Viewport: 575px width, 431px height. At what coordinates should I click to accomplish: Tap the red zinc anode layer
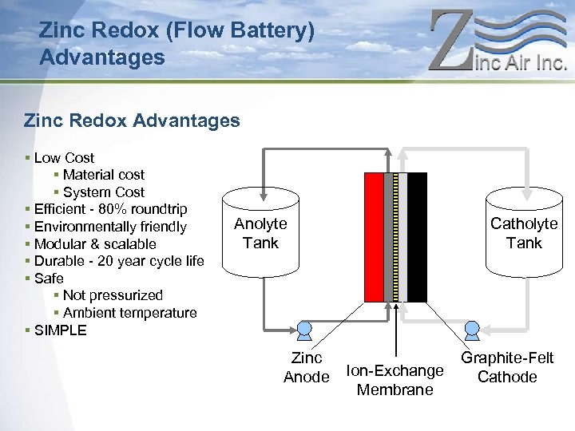[x=373, y=238]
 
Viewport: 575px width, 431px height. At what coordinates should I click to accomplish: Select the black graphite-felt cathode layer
[x=417, y=238]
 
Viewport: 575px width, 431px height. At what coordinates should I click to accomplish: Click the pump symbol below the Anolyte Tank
[x=304, y=328]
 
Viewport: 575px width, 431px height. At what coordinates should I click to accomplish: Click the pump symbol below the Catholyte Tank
[x=472, y=328]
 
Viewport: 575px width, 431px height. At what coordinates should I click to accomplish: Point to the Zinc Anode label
[x=307, y=368]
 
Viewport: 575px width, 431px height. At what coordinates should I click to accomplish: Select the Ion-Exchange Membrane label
[x=395, y=380]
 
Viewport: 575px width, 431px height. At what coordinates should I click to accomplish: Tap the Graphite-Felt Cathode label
[x=507, y=368]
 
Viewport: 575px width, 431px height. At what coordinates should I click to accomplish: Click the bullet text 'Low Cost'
[x=64, y=158]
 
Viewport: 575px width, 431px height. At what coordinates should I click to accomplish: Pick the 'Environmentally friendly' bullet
[x=110, y=227]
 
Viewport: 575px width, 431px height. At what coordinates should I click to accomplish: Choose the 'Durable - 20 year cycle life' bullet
[x=119, y=261]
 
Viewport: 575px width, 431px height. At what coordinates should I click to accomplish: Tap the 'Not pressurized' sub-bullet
[x=113, y=295]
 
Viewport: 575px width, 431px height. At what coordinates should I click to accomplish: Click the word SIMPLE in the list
[x=61, y=330]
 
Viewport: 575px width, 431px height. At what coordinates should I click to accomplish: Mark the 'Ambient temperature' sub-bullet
[x=129, y=313]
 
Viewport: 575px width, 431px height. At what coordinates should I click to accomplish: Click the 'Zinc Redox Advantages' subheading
[x=132, y=121]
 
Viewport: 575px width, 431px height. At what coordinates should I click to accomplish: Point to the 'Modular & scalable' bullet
[x=95, y=244]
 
